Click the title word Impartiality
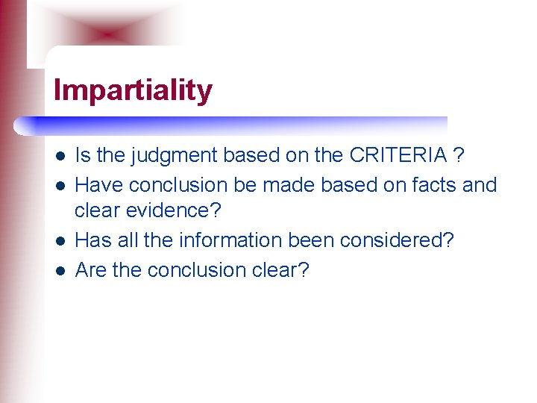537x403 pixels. (133, 91)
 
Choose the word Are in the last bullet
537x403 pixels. (92, 269)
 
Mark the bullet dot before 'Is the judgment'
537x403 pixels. (59, 157)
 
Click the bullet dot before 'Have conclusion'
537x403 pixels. (59, 185)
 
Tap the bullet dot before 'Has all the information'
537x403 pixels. (59, 241)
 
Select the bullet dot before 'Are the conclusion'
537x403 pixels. (59, 270)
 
